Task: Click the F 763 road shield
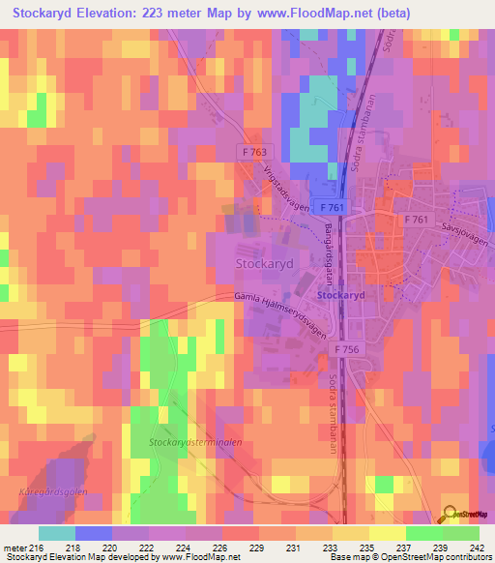(255, 152)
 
